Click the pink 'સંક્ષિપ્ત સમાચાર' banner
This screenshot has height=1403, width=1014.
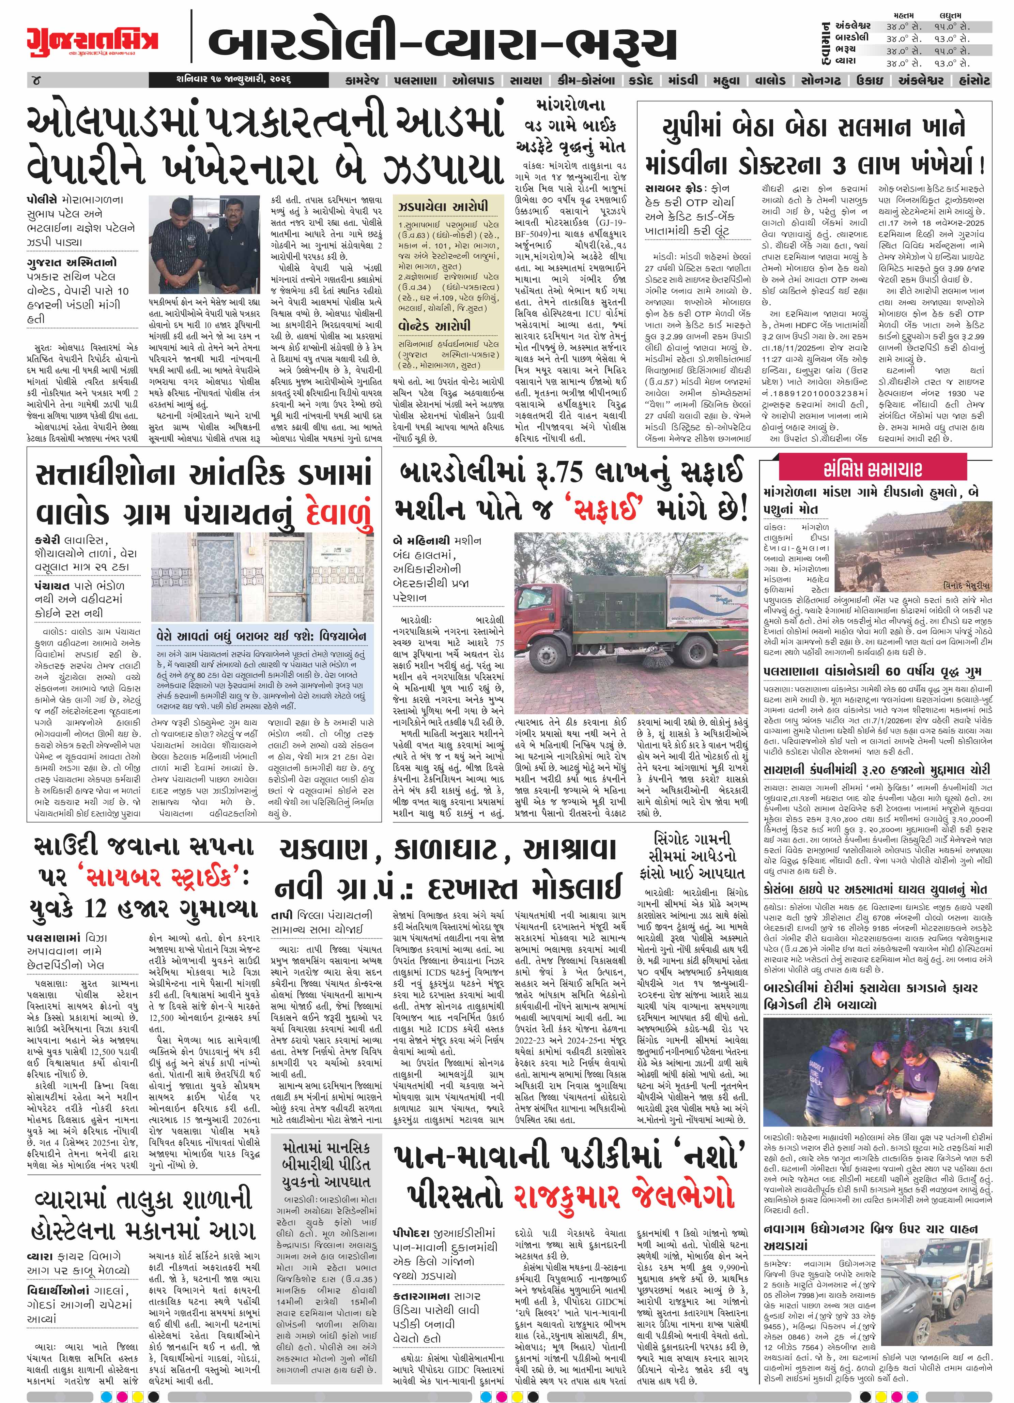[872, 469]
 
